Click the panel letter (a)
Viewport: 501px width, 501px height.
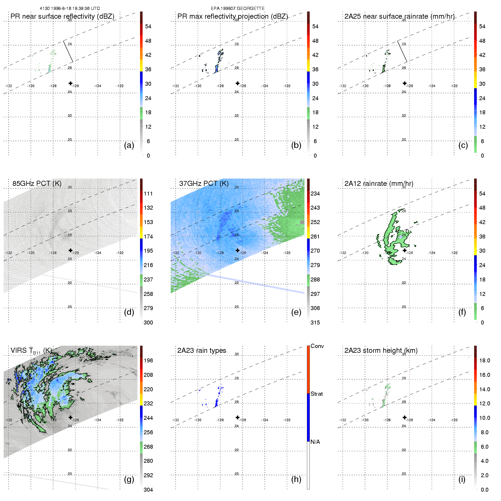129,145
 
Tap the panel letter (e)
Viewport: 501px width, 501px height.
296,312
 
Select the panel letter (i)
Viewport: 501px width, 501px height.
462,480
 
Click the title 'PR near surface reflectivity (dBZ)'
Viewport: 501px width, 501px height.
62,16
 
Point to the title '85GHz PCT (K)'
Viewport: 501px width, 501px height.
37,184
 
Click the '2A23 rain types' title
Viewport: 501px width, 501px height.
201,351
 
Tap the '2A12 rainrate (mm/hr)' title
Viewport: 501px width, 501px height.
379,184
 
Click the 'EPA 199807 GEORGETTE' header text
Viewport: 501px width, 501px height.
238,8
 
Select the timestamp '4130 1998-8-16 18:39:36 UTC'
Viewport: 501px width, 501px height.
70,8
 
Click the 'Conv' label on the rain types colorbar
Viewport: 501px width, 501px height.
317,346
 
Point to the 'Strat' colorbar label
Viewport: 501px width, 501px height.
317,394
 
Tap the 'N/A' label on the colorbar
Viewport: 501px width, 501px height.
315,442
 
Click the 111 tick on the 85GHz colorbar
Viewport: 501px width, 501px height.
148,193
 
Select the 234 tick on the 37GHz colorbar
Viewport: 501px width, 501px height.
315,193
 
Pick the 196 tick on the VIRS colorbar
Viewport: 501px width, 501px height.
148,360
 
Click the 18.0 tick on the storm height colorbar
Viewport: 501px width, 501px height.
484,360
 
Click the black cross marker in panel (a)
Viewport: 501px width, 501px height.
70,83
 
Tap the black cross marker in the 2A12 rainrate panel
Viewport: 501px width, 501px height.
405,250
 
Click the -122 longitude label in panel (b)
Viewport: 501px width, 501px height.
287,86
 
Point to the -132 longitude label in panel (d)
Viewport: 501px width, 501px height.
8,253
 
